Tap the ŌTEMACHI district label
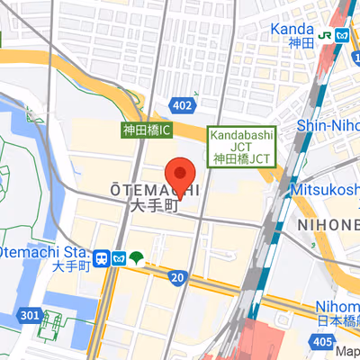(154, 190)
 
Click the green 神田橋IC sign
(147, 130)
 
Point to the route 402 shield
(182, 106)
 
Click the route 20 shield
(176, 277)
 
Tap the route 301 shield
(29, 315)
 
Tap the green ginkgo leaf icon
(135, 258)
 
